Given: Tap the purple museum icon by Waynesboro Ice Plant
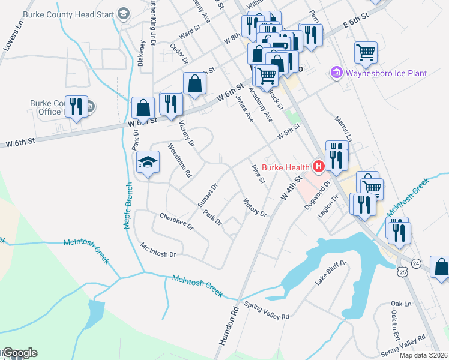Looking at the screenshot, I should (x=336, y=73).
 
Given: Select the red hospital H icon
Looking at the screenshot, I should (x=318, y=167).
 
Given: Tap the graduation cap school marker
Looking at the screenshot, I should (x=148, y=162).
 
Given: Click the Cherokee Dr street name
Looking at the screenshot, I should (x=176, y=221).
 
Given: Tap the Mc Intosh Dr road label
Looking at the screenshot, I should (x=158, y=250).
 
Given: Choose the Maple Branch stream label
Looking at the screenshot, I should (x=128, y=205).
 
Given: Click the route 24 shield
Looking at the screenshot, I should (x=417, y=263).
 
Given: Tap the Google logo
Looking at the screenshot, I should (x=19, y=353).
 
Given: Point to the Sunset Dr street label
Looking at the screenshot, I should (x=207, y=196).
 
